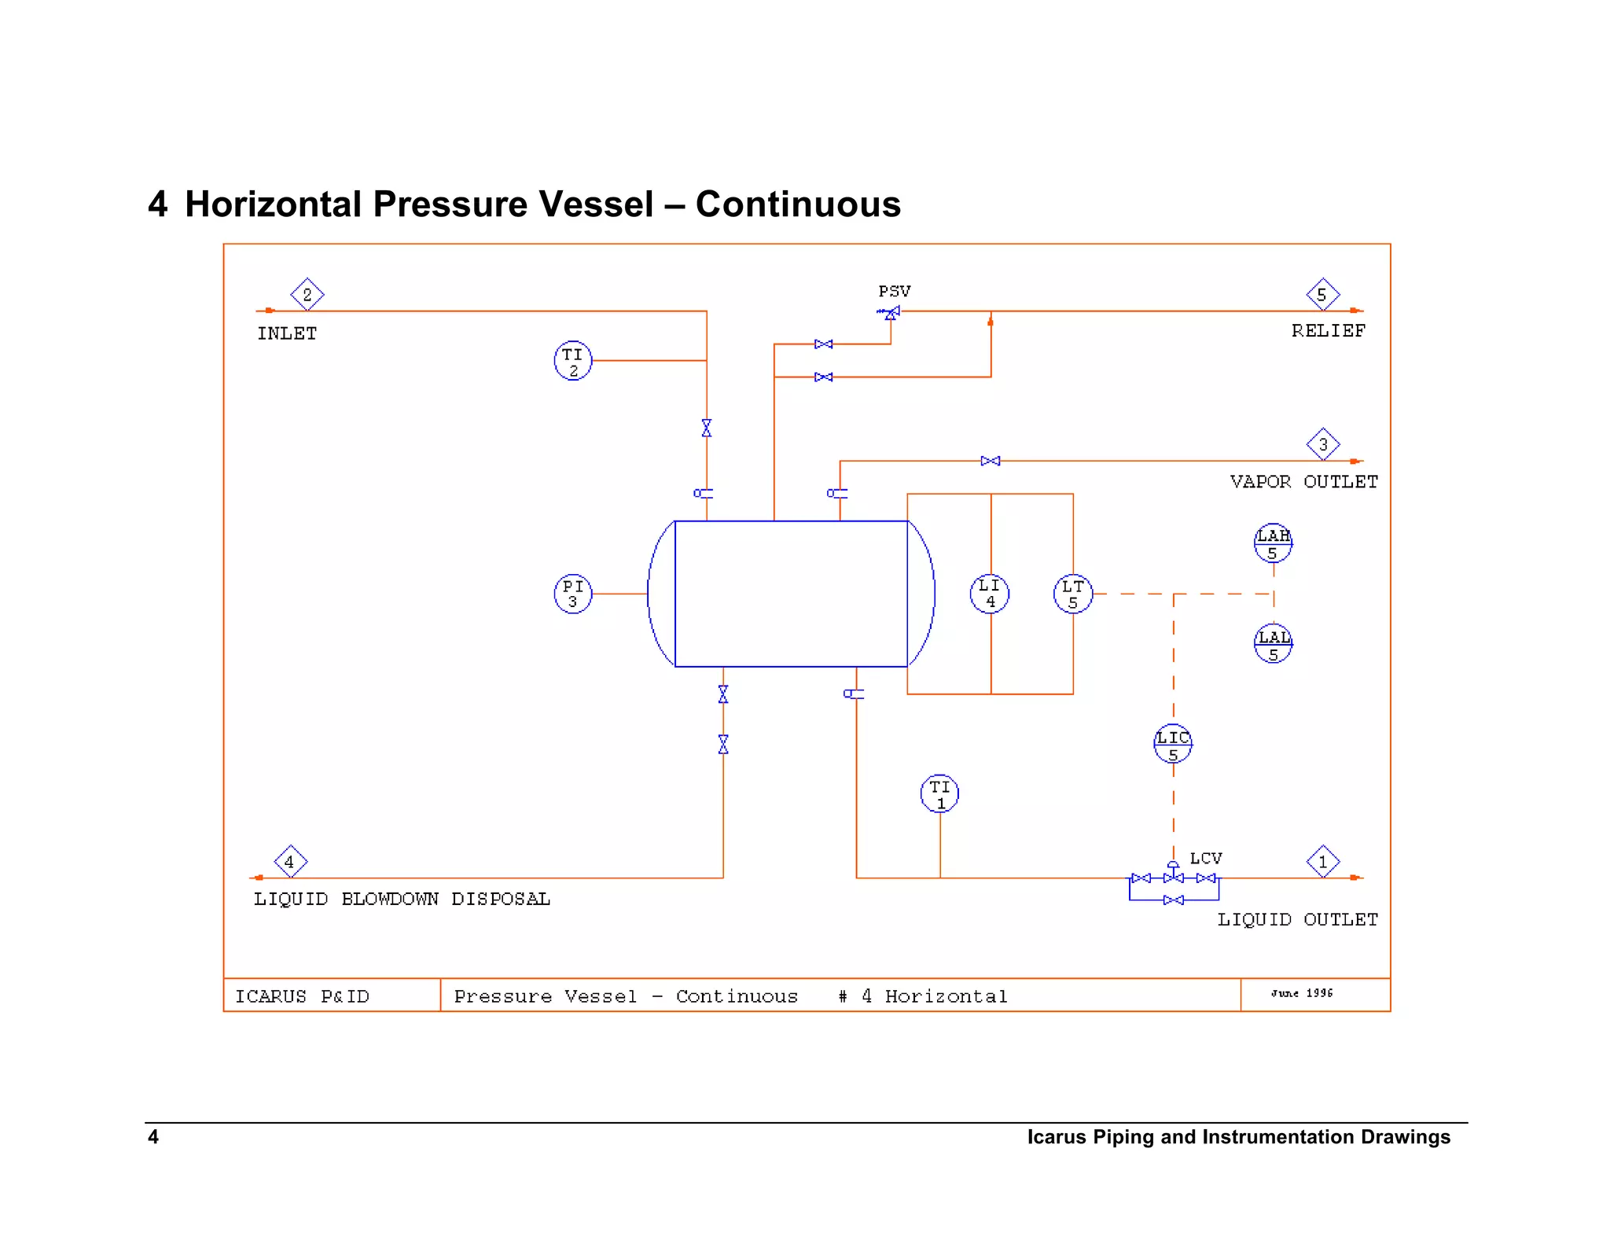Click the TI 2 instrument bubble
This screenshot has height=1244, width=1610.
pos(573,361)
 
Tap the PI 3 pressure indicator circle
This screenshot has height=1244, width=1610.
pos(573,594)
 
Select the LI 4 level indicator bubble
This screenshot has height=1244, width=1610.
pos(990,594)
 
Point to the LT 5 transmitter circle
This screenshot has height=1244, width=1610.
pos(1073,594)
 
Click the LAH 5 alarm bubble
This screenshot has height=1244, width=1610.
pos(1273,543)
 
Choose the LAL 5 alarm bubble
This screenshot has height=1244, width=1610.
pos(1273,644)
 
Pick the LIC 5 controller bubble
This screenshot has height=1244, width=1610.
pos(1173,744)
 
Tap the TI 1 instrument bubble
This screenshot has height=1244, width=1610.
pos(939,793)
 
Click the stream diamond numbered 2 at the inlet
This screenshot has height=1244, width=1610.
pos(307,295)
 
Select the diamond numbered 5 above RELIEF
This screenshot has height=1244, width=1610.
pos(1323,295)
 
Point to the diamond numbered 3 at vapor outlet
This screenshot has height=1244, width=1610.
pos(1323,444)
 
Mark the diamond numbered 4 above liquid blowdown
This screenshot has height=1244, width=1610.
pos(290,862)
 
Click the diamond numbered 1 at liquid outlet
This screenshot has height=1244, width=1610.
pos(1323,862)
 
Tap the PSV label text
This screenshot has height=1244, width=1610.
pos(895,292)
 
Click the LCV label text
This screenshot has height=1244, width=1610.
pos(1206,858)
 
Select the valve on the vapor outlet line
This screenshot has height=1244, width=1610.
pos(991,461)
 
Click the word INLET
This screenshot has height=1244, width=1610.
pos(287,333)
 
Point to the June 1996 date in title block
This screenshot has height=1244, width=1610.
pos(1302,993)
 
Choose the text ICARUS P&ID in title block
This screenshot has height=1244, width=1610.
pos(303,996)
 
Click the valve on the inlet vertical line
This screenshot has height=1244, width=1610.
pos(707,428)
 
